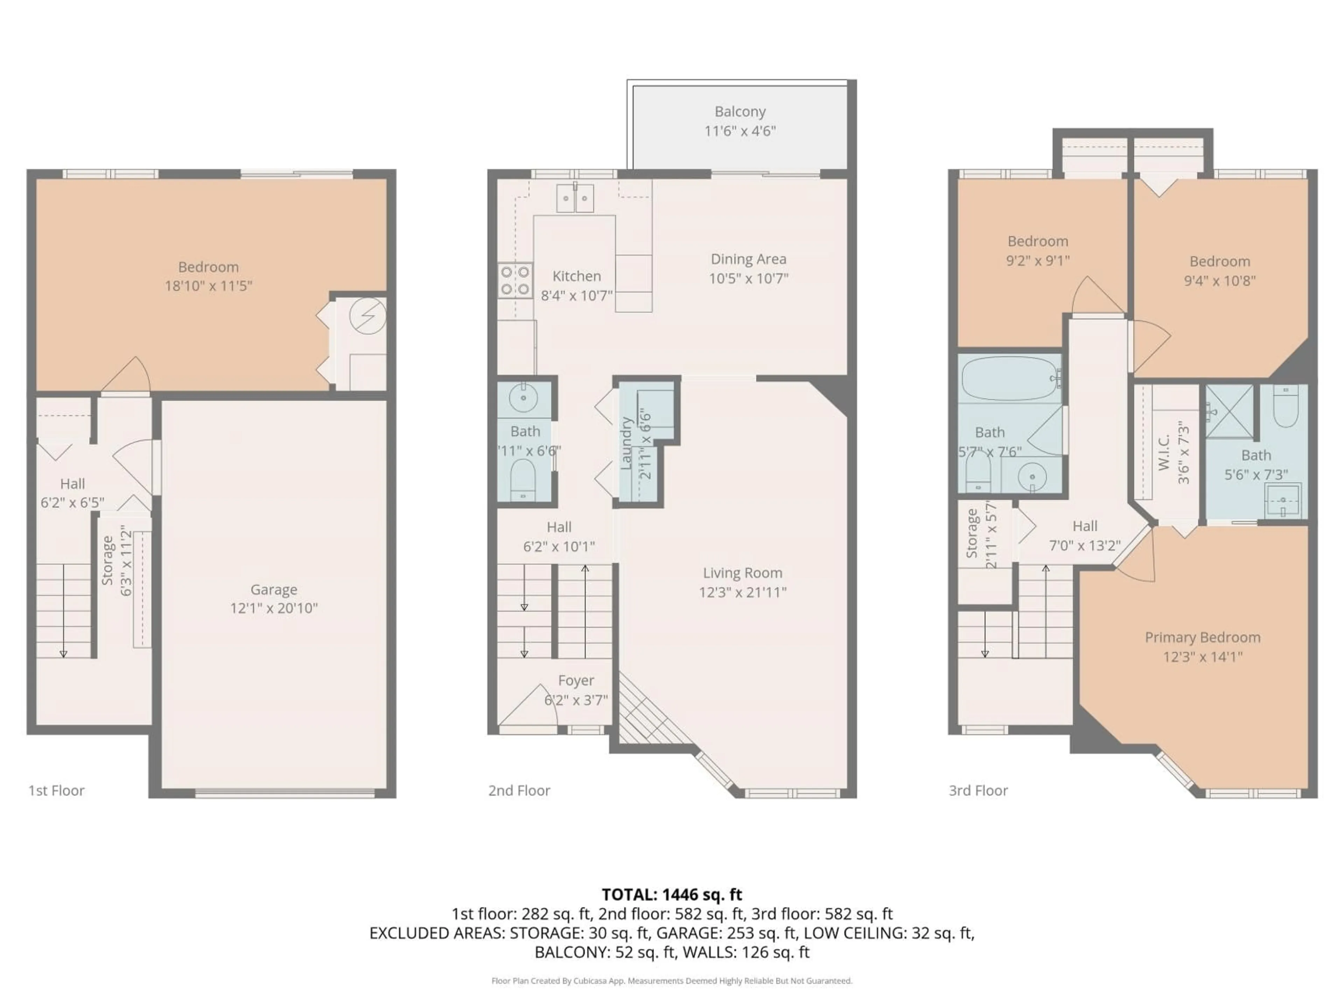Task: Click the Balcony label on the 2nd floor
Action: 740,112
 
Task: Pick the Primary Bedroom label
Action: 1203,637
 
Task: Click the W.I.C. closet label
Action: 1163,453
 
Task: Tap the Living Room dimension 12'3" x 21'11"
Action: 742,592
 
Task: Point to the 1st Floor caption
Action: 56,791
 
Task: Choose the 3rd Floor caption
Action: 978,791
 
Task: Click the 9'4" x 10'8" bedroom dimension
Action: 1219,281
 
